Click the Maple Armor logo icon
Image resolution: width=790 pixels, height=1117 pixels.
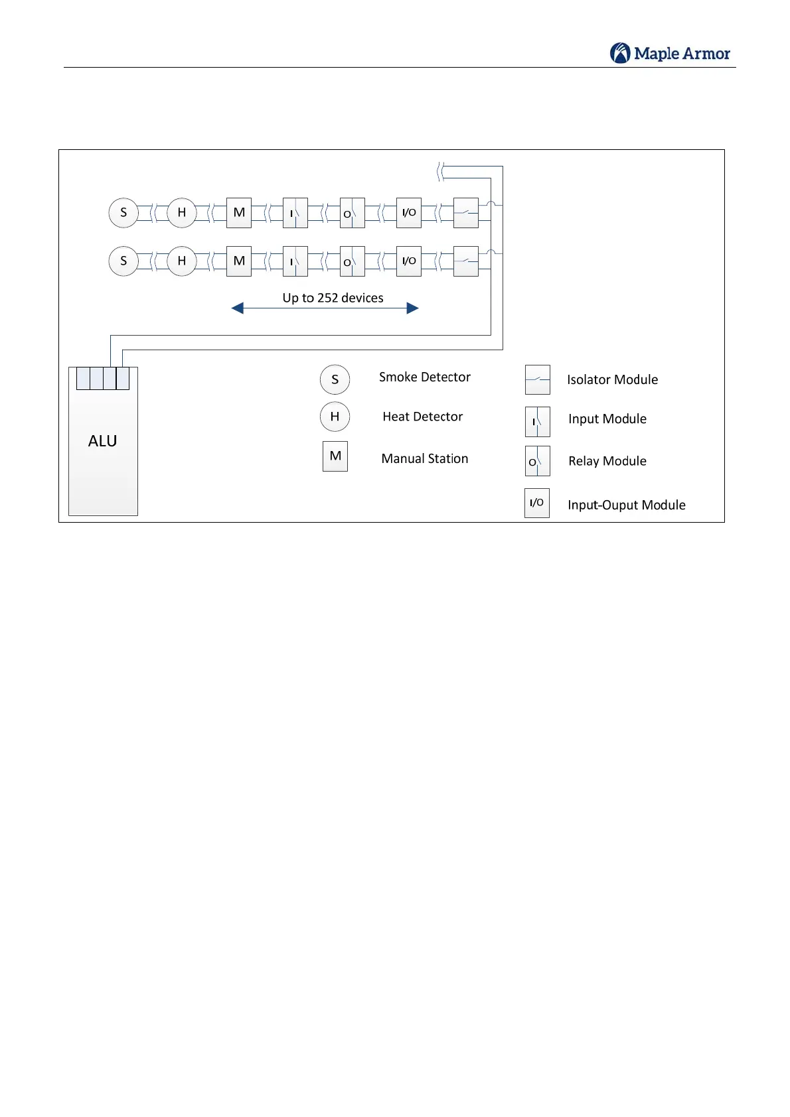pyautogui.click(x=620, y=53)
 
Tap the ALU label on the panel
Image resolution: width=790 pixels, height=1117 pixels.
pyautogui.click(x=102, y=441)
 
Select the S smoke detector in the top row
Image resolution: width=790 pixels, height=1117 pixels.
pyautogui.click(x=123, y=213)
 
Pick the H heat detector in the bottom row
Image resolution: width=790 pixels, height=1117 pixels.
pyautogui.click(x=181, y=261)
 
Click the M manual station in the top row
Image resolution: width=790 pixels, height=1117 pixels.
pyautogui.click(x=239, y=213)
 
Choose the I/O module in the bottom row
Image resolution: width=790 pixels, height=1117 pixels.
pyautogui.click(x=409, y=261)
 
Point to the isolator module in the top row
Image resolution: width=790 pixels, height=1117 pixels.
pyautogui.click(x=465, y=213)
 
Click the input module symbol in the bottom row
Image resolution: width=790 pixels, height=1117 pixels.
pyautogui.click(x=295, y=261)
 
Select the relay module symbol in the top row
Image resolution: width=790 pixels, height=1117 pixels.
pyautogui.click(x=352, y=213)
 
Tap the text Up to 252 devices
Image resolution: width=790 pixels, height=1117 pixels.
pyautogui.click(x=333, y=298)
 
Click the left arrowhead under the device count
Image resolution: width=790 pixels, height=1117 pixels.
pyautogui.click(x=238, y=308)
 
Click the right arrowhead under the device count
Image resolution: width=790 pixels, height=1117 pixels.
pyautogui.click(x=412, y=308)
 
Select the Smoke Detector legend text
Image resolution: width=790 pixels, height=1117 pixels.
pyautogui.click(x=424, y=377)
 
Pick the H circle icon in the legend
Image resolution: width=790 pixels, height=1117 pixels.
pyautogui.click(x=335, y=417)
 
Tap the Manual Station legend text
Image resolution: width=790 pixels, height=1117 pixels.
pyautogui.click(x=424, y=458)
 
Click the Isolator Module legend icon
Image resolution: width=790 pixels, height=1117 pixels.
pyautogui.click(x=537, y=379)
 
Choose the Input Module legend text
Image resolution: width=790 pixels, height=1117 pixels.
pyautogui.click(x=607, y=419)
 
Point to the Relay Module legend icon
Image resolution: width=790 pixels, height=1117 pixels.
pyautogui.click(x=537, y=461)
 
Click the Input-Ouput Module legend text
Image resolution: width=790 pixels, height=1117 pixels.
pyautogui.click(x=626, y=505)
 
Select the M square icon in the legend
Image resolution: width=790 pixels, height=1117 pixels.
pyautogui.click(x=335, y=456)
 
